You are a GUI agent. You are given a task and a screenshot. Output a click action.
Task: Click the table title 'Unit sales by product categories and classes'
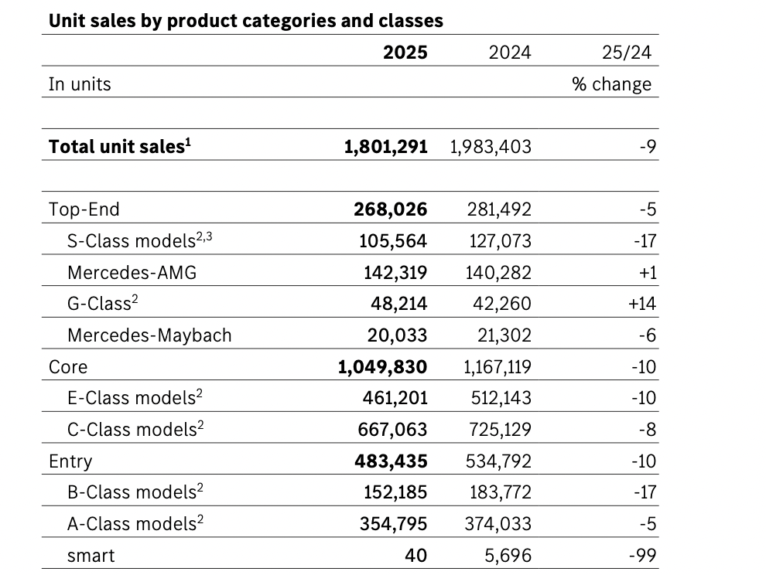[x=246, y=21]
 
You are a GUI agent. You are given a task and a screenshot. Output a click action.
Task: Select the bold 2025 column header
[x=405, y=53]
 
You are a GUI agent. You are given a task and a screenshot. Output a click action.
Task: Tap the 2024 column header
[x=510, y=53]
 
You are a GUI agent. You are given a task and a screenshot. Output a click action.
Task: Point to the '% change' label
[x=611, y=84]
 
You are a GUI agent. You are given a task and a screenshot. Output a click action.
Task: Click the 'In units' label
[x=80, y=84]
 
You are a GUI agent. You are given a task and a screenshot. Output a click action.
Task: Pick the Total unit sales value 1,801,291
[x=385, y=147]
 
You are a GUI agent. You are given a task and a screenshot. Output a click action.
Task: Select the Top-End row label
[x=84, y=209]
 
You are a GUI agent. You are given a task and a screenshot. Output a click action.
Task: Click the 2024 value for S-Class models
[x=500, y=241]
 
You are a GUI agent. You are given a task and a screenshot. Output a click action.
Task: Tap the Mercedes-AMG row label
[x=132, y=272]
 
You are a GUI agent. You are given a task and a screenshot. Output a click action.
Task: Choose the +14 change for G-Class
[x=642, y=304]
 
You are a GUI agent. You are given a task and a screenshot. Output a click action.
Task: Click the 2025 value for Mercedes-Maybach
[x=395, y=335]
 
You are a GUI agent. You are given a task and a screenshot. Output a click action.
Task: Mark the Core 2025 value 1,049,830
[x=382, y=366]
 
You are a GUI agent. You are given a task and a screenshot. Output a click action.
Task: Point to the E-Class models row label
[x=135, y=398]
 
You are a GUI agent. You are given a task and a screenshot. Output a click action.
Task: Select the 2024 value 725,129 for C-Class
[x=500, y=430]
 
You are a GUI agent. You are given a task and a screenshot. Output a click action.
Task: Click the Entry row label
[x=70, y=461]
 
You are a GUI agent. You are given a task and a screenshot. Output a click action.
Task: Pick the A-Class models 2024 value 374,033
[x=500, y=524]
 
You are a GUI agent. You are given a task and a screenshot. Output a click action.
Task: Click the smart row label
[x=91, y=556]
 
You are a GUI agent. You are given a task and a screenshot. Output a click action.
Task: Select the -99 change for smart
[x=644, y=556]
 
